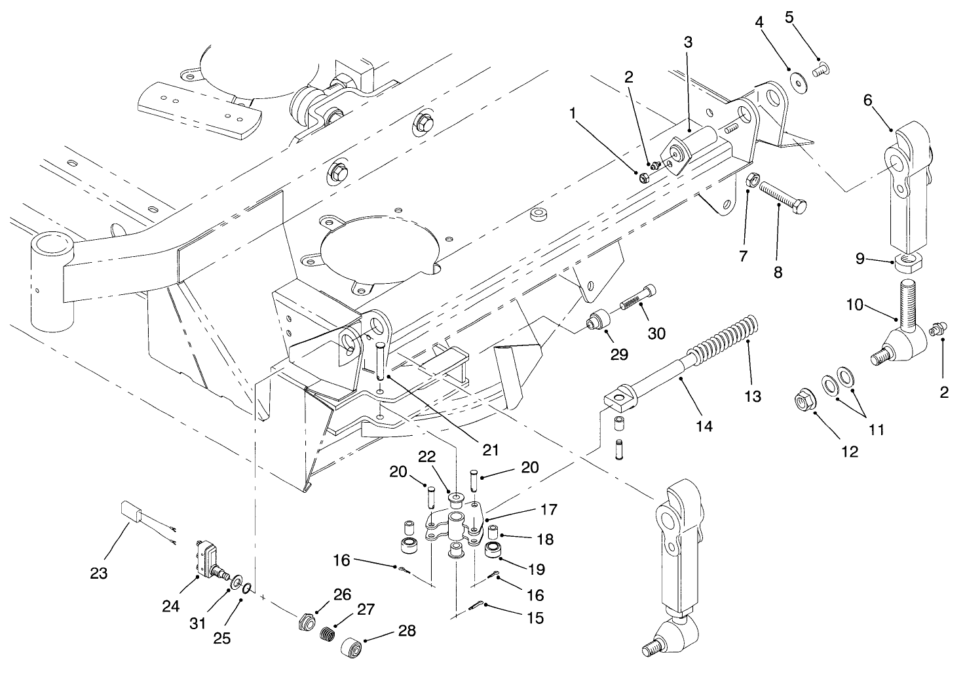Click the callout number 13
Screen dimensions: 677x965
click(753, 396)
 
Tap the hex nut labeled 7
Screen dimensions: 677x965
click(753, 178)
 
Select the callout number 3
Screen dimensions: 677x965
click(687, 43)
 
